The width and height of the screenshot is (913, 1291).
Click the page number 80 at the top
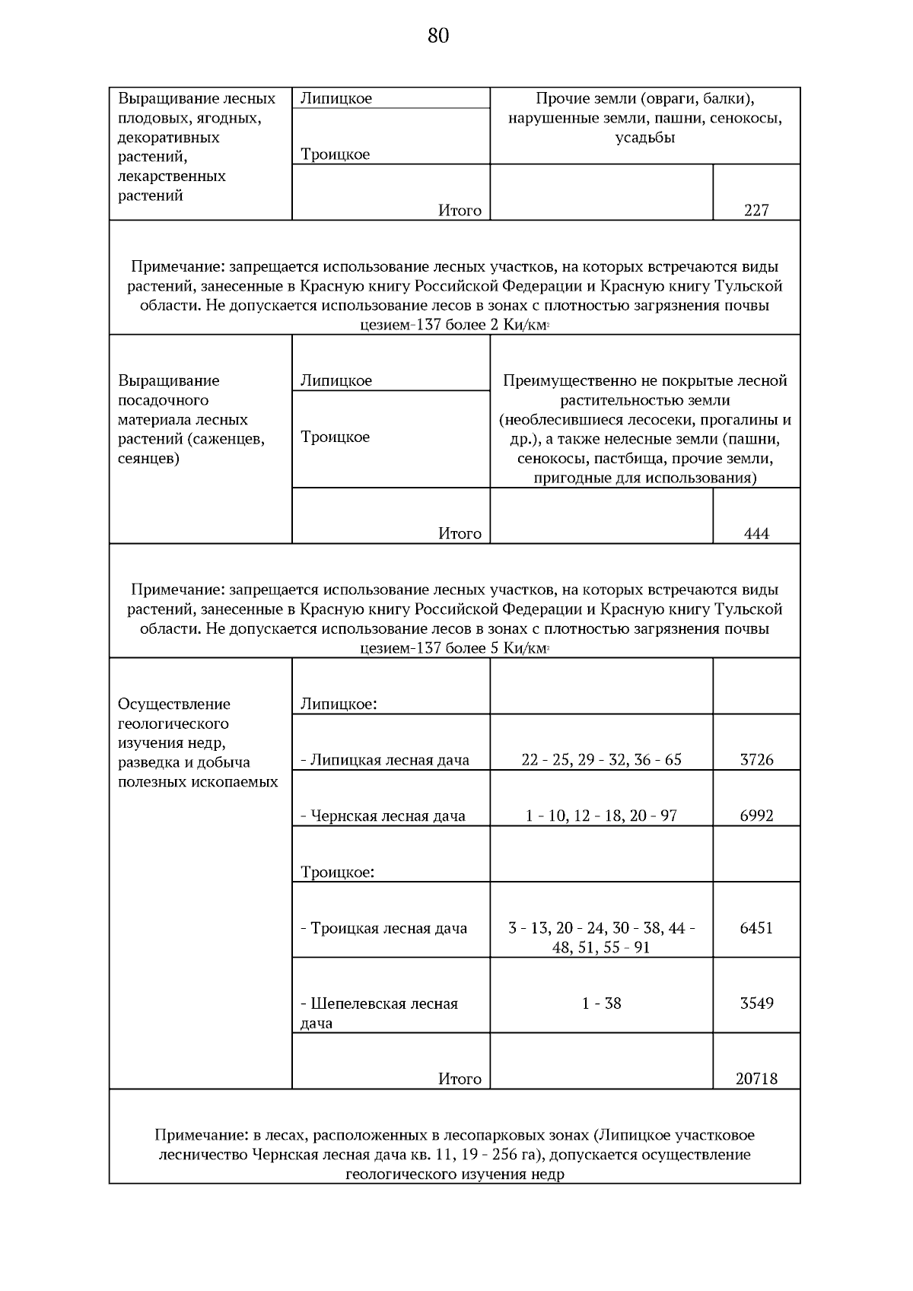point(438,36)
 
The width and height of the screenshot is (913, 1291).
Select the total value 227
point(756,211)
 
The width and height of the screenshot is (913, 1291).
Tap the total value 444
point(756,534)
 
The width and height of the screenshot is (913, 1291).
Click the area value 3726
point(756,759)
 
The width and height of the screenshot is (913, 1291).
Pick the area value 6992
point(756,816)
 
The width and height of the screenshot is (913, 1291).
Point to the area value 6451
point(756,927)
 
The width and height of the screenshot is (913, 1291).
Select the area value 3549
point(756,1003)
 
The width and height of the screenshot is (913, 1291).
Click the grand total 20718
point(756,1079)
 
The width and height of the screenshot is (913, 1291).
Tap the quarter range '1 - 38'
point(601,1003)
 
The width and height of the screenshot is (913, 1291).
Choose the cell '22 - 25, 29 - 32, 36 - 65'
point(601,759)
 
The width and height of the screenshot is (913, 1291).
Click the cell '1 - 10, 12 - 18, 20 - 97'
point(601,816)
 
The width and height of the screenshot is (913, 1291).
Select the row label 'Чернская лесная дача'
point(387,816)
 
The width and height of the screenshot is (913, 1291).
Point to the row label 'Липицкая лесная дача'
point(389,760)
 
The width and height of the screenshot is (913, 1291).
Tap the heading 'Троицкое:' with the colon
point(337,872)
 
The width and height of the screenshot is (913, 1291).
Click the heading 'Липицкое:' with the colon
point(339,704)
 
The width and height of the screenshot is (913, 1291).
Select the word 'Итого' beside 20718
point(460,1079)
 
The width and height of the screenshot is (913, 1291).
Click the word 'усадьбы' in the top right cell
point(645,138)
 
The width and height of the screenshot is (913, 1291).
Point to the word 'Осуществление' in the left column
point(174,704)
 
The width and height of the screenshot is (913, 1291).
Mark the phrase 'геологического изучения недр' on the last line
point(454,1174)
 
